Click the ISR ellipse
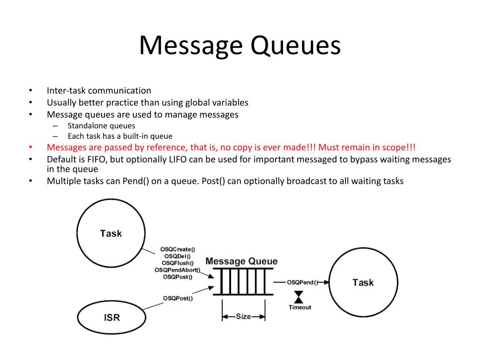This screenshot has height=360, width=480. [x=112, y=317]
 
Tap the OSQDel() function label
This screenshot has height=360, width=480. [x=178, y=256]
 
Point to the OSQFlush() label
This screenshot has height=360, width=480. [x=178, y=263]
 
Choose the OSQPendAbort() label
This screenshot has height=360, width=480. [x=178, y=270]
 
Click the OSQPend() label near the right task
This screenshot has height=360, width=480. [x=302, y=282]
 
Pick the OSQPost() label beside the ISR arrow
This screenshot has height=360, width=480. [x=178, y=298]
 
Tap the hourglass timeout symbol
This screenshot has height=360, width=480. [x=299, y=297]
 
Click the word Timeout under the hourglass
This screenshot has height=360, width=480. [x=300, y=307]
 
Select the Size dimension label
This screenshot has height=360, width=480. [x=243, y=316]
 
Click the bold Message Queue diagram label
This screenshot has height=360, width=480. [x=241, y=262]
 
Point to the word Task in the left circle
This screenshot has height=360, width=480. [x=111, y=233]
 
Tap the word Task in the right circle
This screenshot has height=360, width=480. [x=363, y=282]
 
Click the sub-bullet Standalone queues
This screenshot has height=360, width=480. [x=101, y=126]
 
